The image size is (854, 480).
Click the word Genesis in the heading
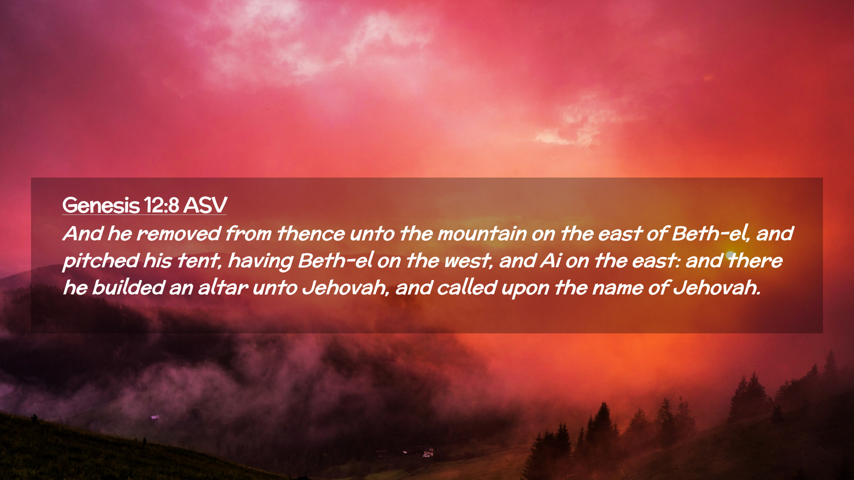point(101,205)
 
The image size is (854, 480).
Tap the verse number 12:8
point(161,205)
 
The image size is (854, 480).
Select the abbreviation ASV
point(205,205)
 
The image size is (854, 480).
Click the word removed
point(179,234)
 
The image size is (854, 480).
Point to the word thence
point(311,234)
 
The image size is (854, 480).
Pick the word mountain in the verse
point(482,234)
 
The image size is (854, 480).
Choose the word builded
point(129,288)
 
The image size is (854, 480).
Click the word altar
point(223,288)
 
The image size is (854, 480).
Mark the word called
point(467,288)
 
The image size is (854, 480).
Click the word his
point(157,261)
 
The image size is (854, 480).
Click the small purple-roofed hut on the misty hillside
point(155,417)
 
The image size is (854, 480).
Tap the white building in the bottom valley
point(429,453)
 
